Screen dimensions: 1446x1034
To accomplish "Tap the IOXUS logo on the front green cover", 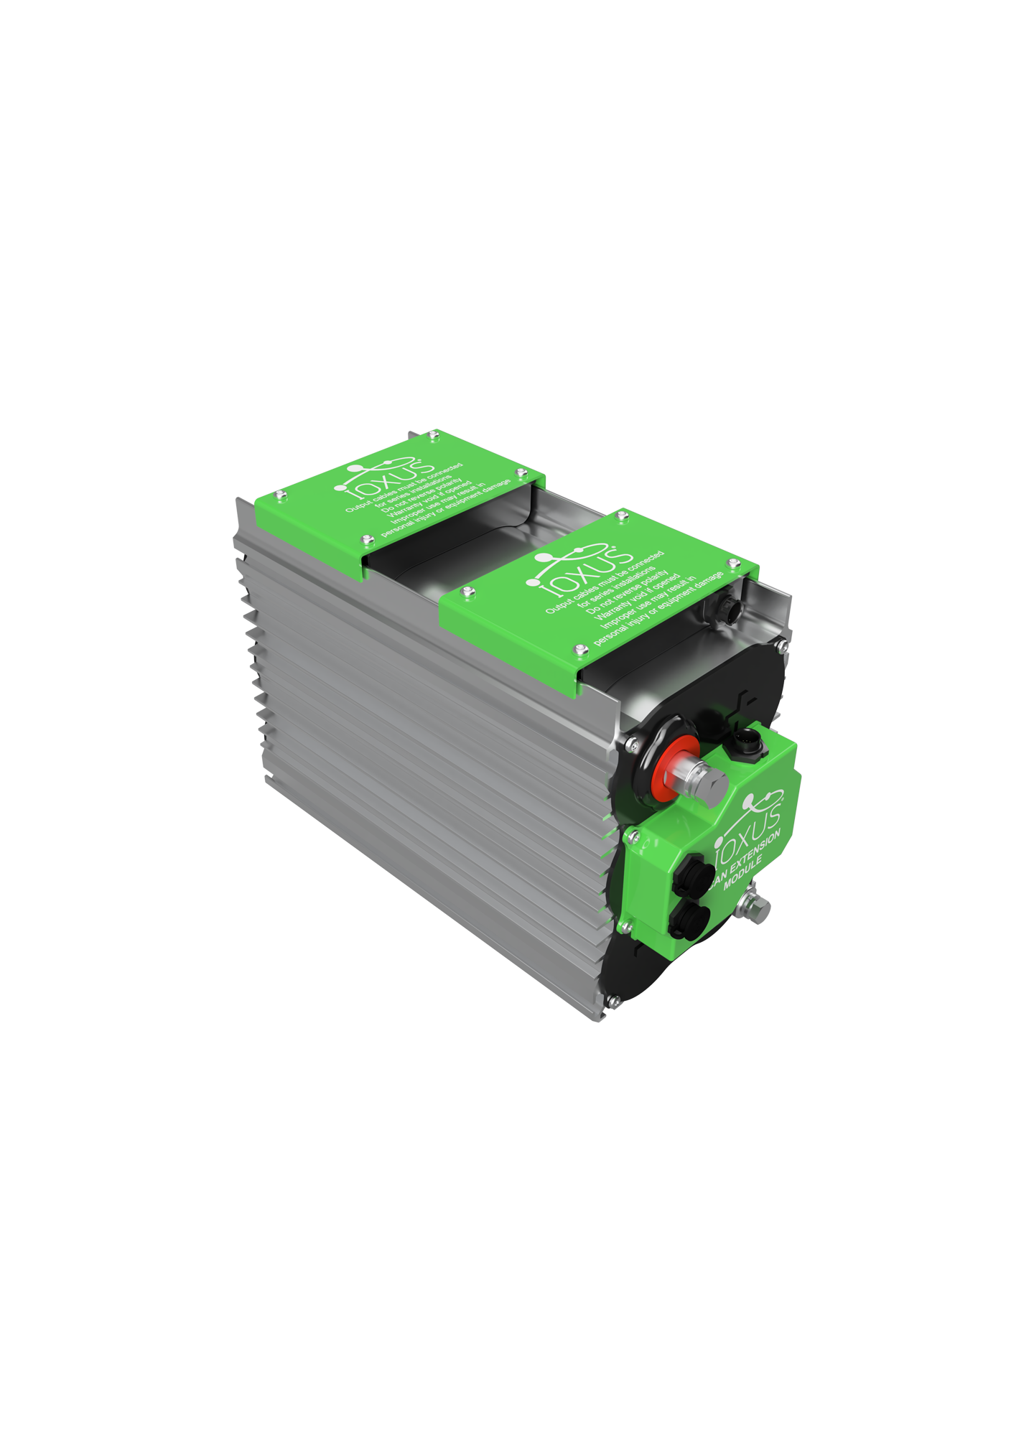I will (579, 572).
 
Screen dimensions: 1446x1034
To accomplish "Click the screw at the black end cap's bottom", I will (613, 1000).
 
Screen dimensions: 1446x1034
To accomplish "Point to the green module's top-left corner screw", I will (633, 834).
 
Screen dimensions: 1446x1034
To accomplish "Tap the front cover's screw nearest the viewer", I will (580, 650).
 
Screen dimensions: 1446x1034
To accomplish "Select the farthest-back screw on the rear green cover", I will (433, 435).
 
